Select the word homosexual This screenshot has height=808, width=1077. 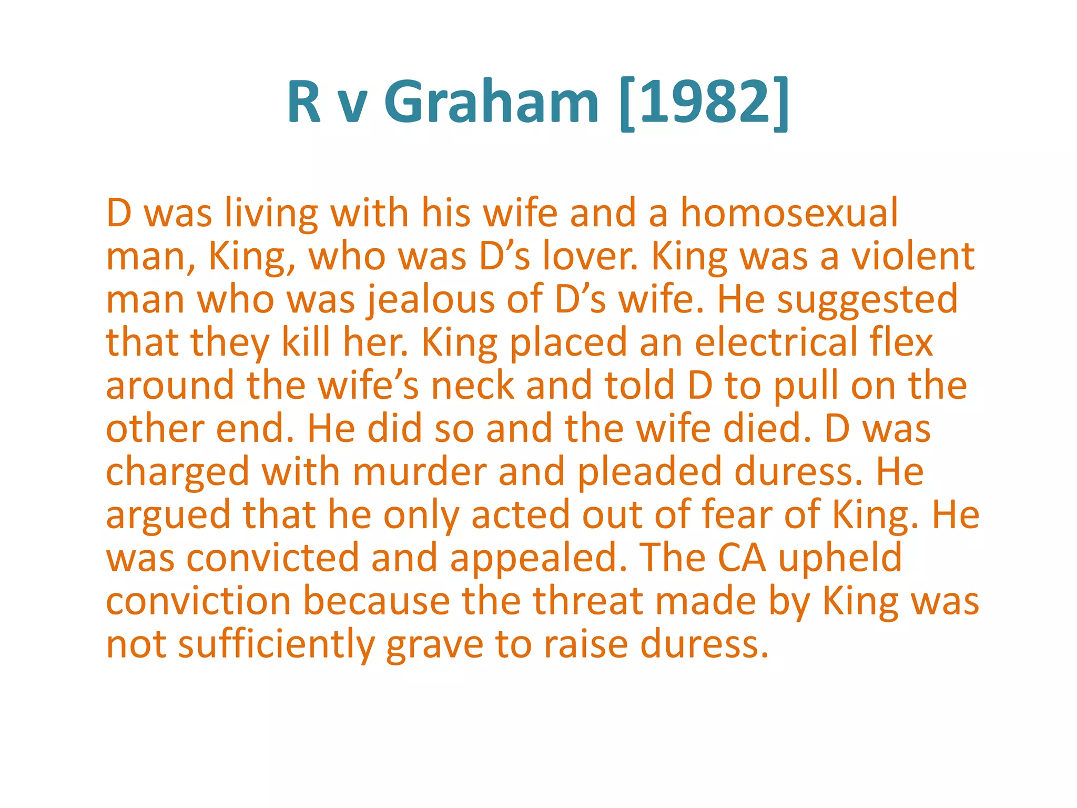click(789, 213)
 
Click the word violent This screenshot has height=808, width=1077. click(913, 256)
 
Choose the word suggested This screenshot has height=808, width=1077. click(867, 300)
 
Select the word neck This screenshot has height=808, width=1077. click(473, 386)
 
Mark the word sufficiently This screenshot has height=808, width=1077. click(276, 644)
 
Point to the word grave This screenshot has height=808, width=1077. click(434, 644)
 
